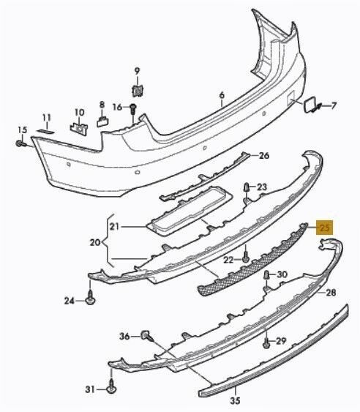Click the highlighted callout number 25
325,228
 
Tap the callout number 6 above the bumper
222,95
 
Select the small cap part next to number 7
308,105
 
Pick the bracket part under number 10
79,129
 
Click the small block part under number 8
102,121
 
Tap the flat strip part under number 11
45,131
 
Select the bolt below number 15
20,143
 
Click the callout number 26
264,156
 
